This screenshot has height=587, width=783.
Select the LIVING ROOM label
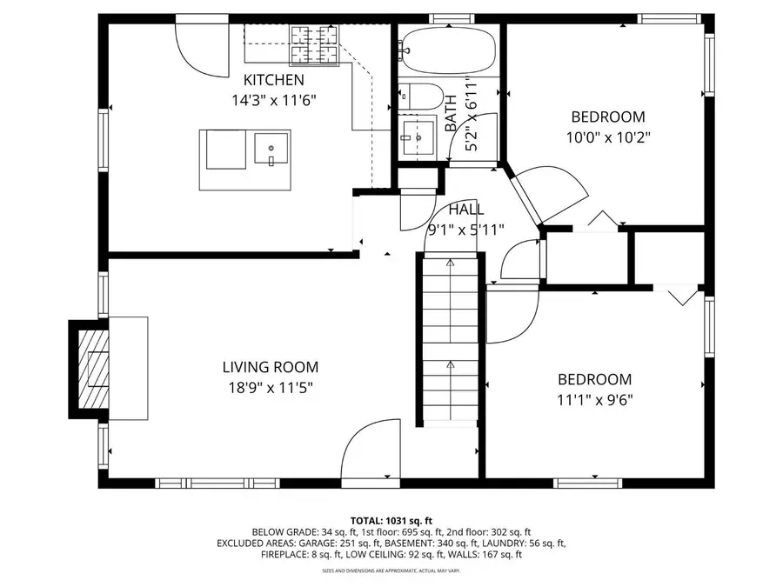pos(270,367)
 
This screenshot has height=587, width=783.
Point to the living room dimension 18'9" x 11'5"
pos(270,388)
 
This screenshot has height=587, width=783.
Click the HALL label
pos(466,210)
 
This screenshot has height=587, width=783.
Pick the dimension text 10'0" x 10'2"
pos(607,137)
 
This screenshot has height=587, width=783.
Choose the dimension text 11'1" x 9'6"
pos(594,400)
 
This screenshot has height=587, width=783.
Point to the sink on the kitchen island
pos(271,148)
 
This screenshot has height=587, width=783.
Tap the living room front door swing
pos(370,448)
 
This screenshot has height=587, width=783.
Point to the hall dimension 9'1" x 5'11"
pos(466,230)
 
